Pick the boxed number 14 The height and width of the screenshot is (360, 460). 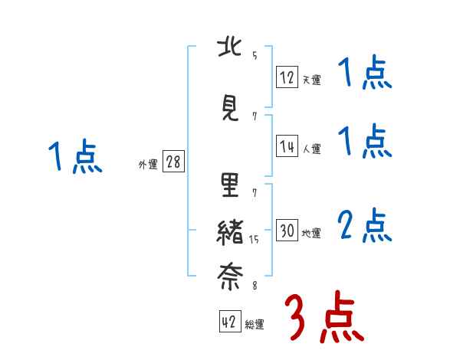287,146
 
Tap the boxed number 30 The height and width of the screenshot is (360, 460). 287,231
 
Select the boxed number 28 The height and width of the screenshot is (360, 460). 173,162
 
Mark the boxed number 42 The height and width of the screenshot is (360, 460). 228,322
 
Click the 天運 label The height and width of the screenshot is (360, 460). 311,80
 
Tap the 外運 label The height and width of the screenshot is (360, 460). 147,164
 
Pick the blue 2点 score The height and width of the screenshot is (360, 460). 365,225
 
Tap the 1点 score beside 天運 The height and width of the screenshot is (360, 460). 365,74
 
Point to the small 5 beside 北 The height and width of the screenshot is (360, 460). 255,54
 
